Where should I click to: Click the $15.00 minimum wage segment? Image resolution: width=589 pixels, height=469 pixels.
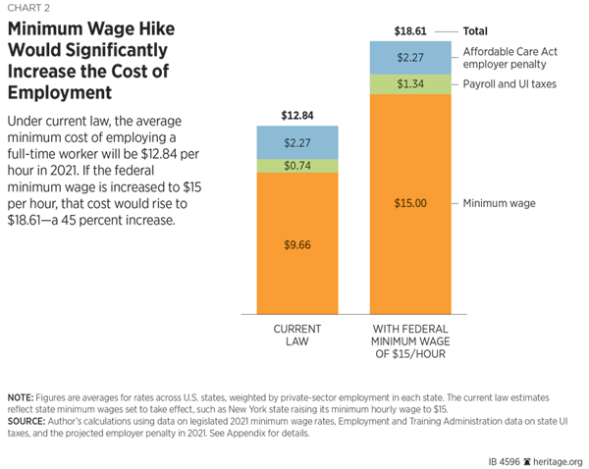[410, 203]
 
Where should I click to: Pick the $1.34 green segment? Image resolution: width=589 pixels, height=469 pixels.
[410, 85]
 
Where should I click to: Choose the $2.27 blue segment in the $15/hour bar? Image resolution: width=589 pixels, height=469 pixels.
[410, 58]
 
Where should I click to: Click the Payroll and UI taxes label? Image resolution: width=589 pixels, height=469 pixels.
[509, 85]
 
